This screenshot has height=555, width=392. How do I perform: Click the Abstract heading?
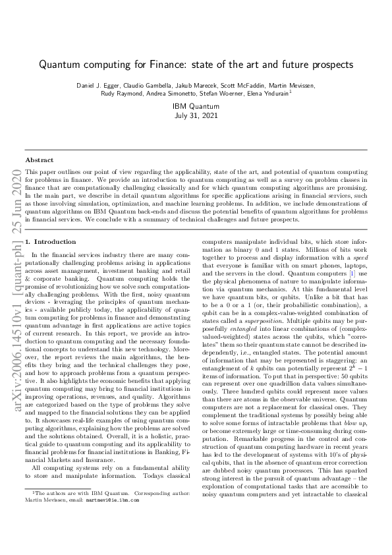(x=40, y=160)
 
